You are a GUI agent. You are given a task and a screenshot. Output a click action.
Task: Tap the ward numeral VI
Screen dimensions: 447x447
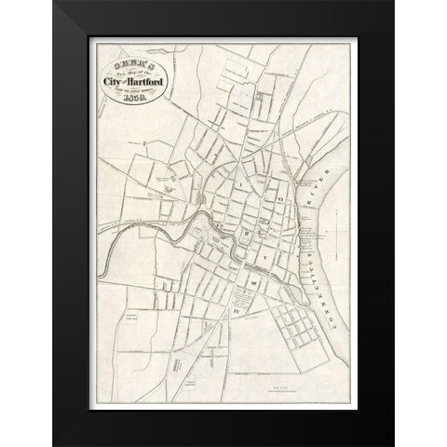coord(278,197)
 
